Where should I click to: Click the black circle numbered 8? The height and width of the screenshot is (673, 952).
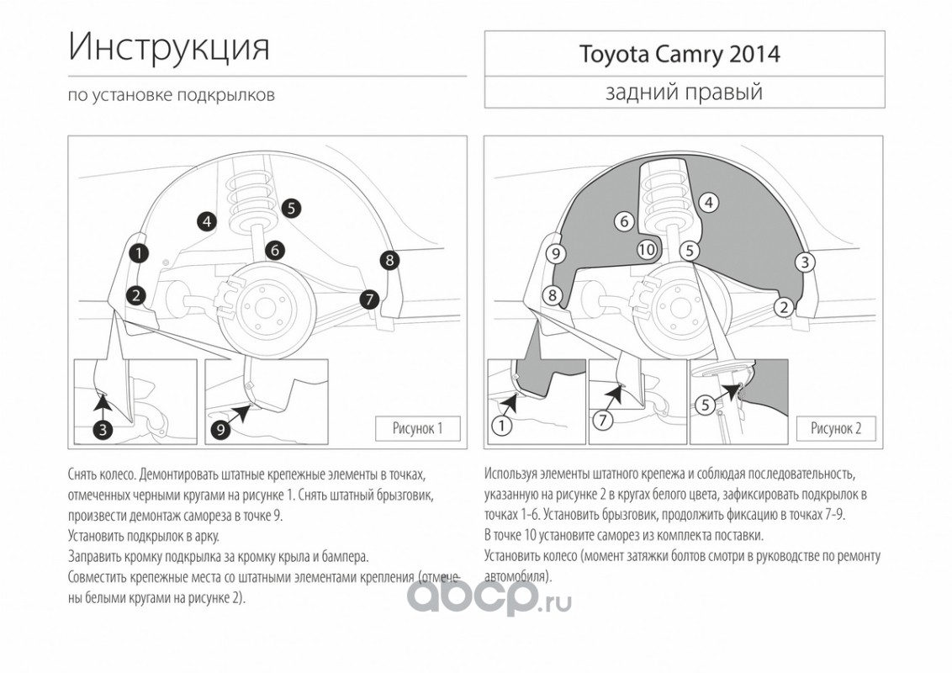coord(389,261)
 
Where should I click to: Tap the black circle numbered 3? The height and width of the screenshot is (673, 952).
coord(103,430)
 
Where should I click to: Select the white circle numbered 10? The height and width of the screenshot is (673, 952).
coord(647,249)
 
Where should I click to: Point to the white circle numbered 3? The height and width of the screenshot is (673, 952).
coord(805,262)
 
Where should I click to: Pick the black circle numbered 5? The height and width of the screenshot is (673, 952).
coord(292,209)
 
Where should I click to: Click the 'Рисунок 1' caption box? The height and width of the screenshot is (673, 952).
coord(417,428)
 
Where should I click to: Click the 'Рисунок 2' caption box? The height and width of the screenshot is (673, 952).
coord(836,428)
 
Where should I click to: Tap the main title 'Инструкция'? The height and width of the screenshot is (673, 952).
coord(169,47)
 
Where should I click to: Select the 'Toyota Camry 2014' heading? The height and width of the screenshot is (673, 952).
coord(680,54)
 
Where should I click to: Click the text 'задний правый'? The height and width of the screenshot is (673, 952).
coord(684,93)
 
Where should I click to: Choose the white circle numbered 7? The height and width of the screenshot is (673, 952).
coord(602,420)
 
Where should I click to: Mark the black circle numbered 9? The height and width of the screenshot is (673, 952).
coord(220,430)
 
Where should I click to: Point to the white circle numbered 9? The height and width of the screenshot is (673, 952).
coord(556,253)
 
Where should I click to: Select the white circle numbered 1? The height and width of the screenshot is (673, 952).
coord(501,426)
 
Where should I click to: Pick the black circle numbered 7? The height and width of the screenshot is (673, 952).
coord(368,299)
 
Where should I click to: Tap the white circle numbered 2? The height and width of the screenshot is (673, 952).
coord(784,307)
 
